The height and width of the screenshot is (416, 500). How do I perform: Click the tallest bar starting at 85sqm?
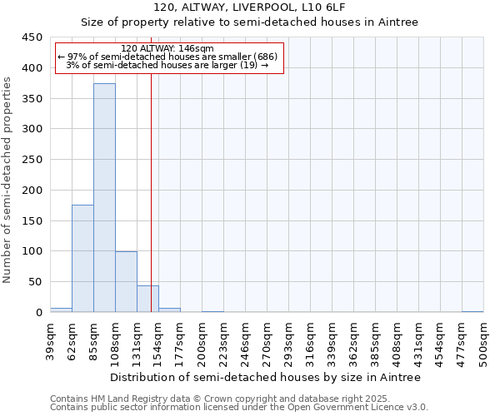104,198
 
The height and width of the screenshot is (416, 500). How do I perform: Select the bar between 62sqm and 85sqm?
82,259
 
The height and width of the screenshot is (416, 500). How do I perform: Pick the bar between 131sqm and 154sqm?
147,299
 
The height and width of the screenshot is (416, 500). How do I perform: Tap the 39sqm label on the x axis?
50,342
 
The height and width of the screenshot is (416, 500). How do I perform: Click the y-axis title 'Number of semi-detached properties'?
8,180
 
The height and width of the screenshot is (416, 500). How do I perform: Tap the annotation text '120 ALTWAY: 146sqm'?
167,49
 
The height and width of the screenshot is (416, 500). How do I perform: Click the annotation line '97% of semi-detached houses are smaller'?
167,57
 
